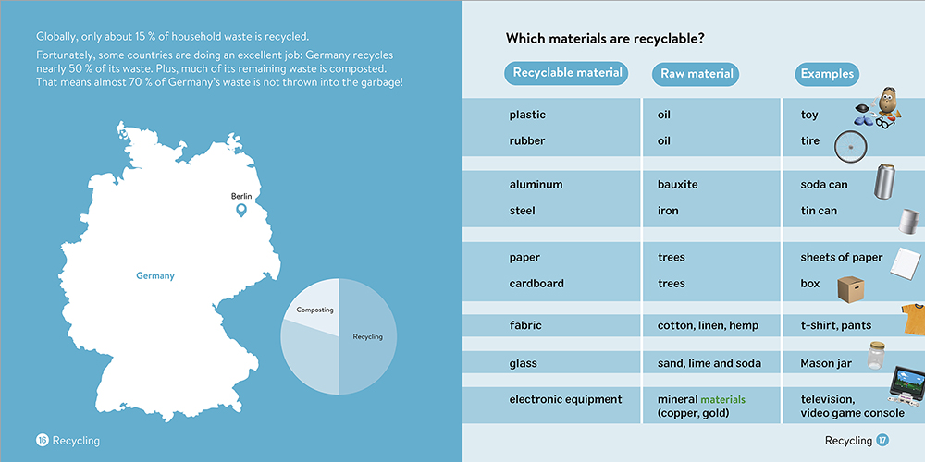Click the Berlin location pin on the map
[x=240, y=210]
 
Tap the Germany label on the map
[x=155, y=275]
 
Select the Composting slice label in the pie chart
[x=315, y=310]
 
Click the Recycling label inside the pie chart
[x=367, y=337]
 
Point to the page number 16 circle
[x=43, y=440]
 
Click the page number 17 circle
[x=882, y=440]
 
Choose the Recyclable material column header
[x=566, y=73]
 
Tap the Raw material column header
[x=697, y=74]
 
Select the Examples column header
[x=827, y=74]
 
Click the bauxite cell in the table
[x=677, y=185]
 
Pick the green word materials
[x=722, y=399]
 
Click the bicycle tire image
[x=851, y=147]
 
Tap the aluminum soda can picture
[x=885, y=181]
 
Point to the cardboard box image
[x=851, y=288]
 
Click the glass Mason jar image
[x=876, y=356]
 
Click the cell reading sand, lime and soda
[x=709, y=363]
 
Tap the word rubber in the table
[x=527, y=140]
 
